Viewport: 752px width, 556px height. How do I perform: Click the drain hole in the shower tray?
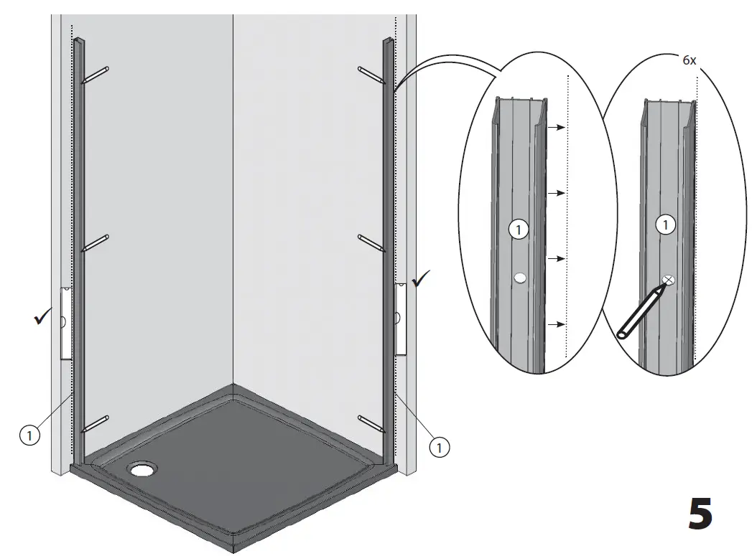pyautogui.click(x=142, y=470)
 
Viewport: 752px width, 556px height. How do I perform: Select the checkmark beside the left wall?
pyautogui.click(x=42, y=318)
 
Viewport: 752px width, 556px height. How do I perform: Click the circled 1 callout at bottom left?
pyautogui.click(x=28, y=434)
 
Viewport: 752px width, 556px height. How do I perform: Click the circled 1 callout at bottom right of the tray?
pyautogui.click(x=439, y=447)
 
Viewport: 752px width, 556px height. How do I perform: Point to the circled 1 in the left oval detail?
pyautogui.click(x=517, y=230)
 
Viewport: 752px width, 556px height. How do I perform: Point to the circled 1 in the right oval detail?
pyautogui.click(x=667, y=225)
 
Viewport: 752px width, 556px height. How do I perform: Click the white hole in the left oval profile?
pyautogui.click(x=521, y=277)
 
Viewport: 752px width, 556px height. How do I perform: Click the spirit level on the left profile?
pyautogui.click(x=65, y=323)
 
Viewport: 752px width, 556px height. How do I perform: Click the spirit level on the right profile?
pyautogui.click(x=401, y=318)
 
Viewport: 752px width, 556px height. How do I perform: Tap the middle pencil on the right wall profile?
pyautogui.click(x=371, y=242)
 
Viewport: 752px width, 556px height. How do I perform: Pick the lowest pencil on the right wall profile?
pyautogui.click(x=371, y=423)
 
